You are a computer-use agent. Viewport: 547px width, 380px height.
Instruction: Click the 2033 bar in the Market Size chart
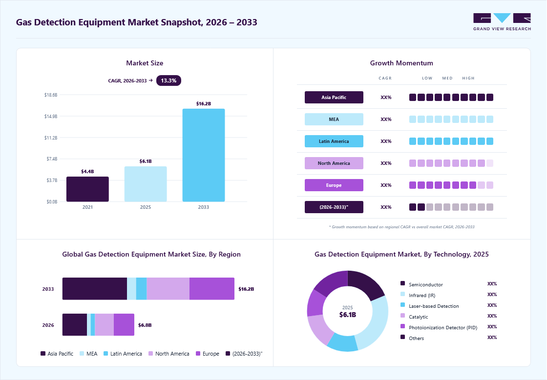[x=203, y=155]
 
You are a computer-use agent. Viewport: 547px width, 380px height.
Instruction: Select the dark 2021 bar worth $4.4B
[x=87, y=189]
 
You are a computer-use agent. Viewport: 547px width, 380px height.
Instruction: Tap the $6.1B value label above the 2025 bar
[x=146, y=161]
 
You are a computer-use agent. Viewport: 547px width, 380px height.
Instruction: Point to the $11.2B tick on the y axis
[x=51, y=138]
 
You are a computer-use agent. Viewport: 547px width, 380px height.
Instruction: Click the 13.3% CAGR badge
[x=168, y=80]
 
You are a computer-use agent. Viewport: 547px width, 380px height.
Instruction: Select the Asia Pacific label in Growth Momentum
[x=334, y=97]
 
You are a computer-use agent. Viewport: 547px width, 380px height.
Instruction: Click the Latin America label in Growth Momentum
[x=334, y=141]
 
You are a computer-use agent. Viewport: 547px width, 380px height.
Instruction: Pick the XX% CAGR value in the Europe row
[x=386, y=185]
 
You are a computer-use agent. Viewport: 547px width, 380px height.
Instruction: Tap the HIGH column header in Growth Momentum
[x=468, y=78]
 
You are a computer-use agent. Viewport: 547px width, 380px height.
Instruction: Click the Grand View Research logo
[x=502, y=22]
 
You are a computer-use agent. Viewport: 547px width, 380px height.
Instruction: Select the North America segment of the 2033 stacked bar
[x=168, y=289]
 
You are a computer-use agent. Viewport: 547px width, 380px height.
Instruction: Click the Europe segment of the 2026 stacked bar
[x=124, y=324]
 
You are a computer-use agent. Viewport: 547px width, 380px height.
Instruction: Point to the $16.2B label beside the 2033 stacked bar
[x=246, y=289]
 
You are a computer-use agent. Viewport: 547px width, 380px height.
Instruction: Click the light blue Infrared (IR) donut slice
[x=373, y=321]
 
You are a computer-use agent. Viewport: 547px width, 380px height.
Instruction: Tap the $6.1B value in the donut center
[x=347, y=315]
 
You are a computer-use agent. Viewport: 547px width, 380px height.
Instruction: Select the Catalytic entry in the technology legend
[x=415, y=317]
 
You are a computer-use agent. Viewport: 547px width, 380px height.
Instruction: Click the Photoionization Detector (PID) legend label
[x=443, y=327]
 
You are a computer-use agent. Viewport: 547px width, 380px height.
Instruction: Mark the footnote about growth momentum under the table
[x=401, y=227]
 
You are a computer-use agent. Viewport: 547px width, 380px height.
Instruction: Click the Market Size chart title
[x=145, y=63]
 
